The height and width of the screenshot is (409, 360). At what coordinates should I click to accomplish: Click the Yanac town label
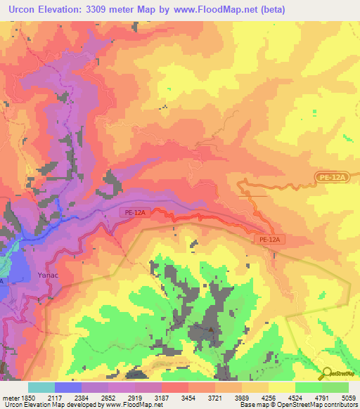[48, 276]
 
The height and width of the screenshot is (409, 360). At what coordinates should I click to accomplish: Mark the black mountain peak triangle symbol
[210, 328]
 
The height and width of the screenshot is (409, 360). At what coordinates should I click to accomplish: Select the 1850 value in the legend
[27, 398]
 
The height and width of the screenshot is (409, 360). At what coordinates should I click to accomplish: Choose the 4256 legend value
[278, 398]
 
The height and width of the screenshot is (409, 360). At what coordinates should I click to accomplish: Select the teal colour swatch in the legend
[41, 387]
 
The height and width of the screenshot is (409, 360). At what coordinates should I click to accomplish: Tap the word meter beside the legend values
[9, 398]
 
